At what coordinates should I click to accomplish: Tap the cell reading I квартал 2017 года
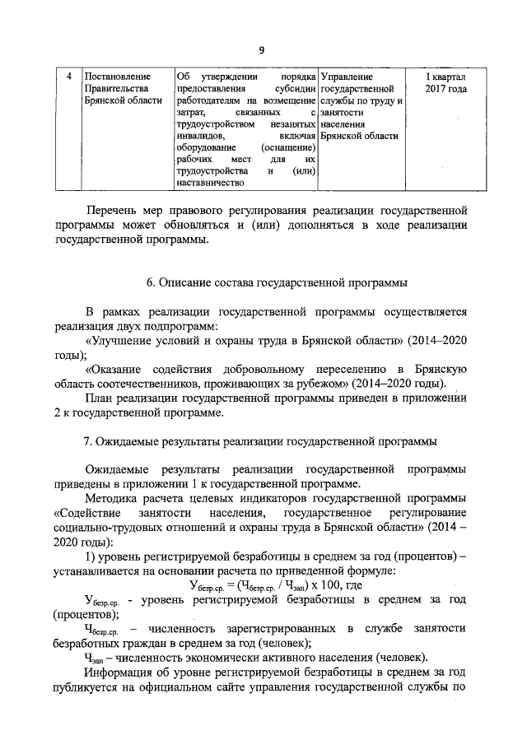(x=445, y=82)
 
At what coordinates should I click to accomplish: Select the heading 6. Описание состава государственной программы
(x=277, y=282)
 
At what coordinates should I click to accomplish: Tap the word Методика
(x=116, y=500)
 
